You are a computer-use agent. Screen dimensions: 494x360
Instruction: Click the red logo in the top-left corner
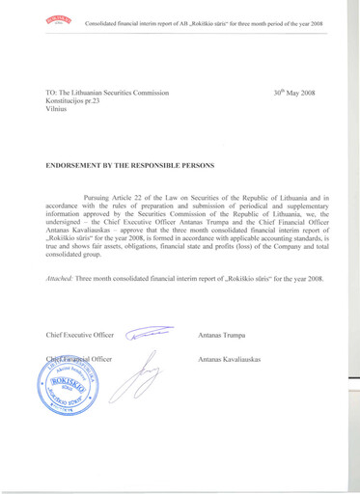pos(58,22)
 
